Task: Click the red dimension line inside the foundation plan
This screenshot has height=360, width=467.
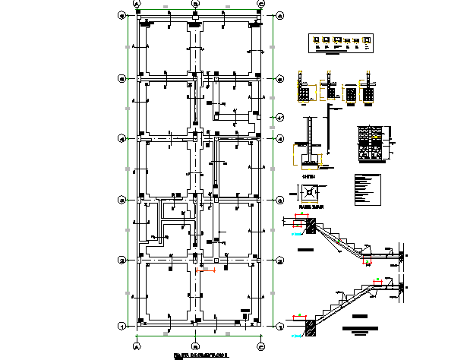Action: tap(206, 270)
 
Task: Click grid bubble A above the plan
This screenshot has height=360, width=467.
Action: tap(137, 4)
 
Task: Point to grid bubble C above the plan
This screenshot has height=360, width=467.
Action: tap(261, 4)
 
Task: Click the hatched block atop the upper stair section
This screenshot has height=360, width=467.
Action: tap(310, 225)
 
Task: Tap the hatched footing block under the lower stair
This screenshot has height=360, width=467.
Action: tap(310, 327)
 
